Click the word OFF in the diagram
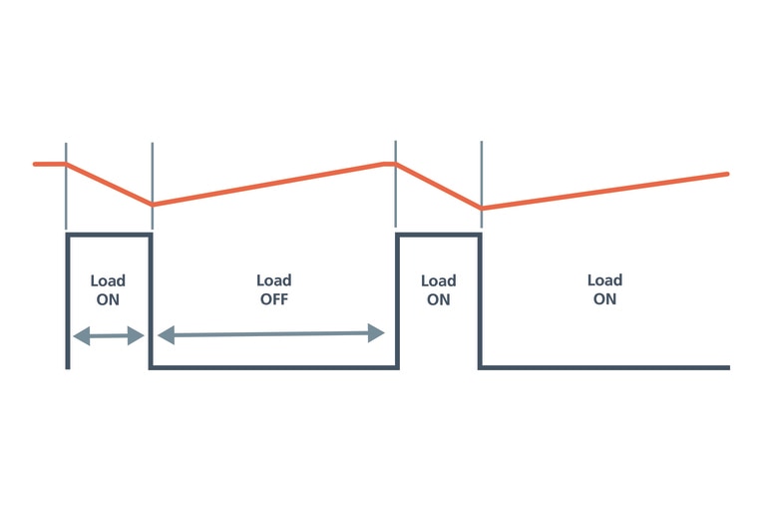pos(272,298)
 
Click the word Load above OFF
pos(273,280)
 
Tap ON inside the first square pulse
pos(108,298)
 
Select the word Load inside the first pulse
pos(108,280)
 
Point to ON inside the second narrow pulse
pos(438,298)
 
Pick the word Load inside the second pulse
pos(438,280)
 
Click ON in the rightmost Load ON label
pos(604,298)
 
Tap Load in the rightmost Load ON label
pos(604,280)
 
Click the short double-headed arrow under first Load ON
pos(108,336)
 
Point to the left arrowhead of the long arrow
pos(164,335)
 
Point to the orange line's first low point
pos(153,204)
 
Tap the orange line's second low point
pos(482,208)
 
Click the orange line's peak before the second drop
pos(395,164)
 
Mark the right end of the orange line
pos(727,174)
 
